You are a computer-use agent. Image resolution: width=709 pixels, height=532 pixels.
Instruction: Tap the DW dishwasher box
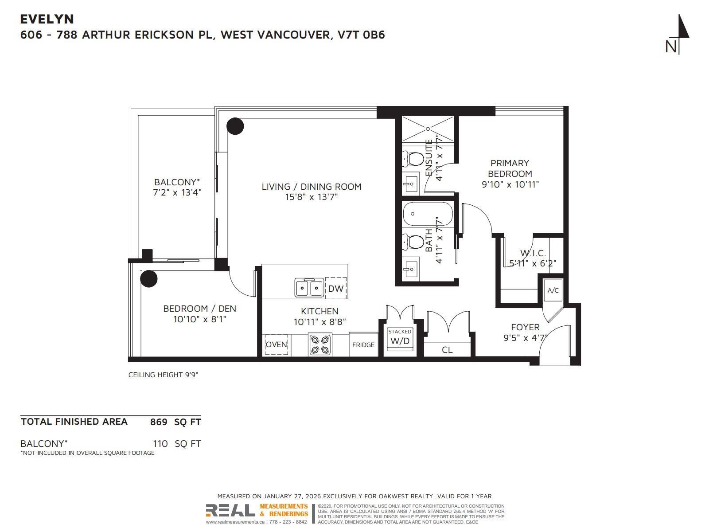point(336,289)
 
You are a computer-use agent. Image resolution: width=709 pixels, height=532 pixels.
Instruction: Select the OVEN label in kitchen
point(277,344)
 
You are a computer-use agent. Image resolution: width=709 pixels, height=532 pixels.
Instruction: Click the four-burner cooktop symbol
point(320,344)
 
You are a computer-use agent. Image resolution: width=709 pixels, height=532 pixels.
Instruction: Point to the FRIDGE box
point(363,345)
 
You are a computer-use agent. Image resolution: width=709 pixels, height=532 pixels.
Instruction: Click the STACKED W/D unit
point(399,338)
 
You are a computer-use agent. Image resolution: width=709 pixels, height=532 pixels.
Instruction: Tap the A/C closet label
point(553,290)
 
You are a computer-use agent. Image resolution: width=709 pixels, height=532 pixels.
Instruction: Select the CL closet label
point(447,350)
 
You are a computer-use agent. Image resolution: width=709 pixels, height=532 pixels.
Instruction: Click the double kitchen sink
point(309,288)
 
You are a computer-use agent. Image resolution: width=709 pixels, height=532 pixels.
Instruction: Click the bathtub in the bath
point(428,214)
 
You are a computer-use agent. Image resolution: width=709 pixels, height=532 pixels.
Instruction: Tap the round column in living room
point(235,126)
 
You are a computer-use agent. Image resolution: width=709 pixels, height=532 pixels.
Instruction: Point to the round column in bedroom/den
point(149,279)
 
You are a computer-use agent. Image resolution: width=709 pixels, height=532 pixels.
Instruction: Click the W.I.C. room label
point(533,253)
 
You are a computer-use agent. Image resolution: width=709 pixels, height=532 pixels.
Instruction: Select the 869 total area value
point(159,422)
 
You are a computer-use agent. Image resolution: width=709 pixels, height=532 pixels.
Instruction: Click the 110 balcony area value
point(160,444)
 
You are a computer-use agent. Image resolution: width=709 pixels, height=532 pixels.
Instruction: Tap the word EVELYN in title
point(47,19)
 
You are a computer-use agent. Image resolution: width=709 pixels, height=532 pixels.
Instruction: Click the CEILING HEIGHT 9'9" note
point(163,375)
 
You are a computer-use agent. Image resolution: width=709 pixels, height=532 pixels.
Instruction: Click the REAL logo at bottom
point(230,510)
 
